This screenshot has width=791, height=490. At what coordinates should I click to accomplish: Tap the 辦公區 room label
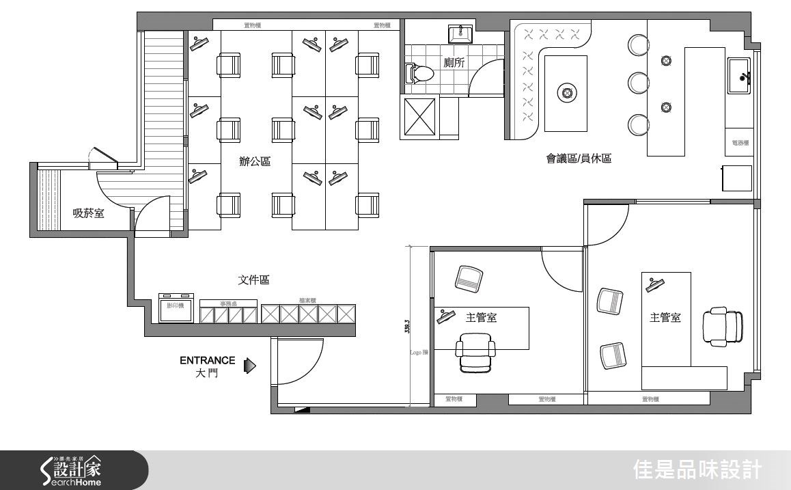click(254, 162)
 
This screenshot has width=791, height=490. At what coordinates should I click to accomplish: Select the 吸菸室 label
click(89, 213)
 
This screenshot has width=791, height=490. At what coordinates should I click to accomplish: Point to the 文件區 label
click(253, 280)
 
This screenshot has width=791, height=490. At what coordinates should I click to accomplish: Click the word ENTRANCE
click(208, 360)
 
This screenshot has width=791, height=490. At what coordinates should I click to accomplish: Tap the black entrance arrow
click(250, 367)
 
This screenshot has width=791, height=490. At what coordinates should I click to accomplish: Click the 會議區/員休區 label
click(579, 159)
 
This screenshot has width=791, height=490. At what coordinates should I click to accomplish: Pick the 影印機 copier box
click(176, 308)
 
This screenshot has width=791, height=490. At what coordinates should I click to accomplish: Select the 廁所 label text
click(454, 63)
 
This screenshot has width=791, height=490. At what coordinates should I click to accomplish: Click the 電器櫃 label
click(740, 144)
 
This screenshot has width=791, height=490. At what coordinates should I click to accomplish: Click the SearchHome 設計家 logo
click(72, 471)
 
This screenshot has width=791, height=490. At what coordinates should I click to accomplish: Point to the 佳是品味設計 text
click(697, 470)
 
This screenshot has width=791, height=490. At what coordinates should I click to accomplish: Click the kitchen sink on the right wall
click(740, 75)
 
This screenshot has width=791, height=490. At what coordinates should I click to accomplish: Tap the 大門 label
click(207, 374)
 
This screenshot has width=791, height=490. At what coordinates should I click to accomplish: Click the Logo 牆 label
click(419, 353)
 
